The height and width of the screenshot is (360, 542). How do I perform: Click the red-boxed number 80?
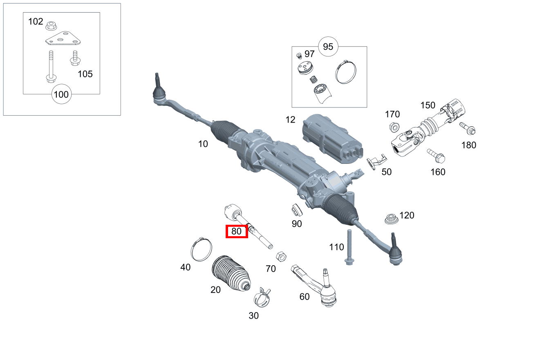(236, 231)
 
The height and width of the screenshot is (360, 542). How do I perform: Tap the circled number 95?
(328, 47)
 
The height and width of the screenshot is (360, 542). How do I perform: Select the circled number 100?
(61, 94)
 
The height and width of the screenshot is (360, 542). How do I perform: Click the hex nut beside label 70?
(281, 257)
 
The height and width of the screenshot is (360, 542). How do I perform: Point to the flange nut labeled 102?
(51, 26)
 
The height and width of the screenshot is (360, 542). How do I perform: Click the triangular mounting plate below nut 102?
(63, 38)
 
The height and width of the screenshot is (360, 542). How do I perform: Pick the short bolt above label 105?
(75, 58)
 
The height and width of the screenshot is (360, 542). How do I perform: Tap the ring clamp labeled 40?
(202, 249)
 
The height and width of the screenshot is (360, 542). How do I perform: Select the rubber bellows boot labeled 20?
(231, 273)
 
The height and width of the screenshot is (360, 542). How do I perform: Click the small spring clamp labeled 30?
(262, 297)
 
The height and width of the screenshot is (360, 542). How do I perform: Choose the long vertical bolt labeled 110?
(349, 247)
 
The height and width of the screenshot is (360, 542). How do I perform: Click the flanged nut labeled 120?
(392, 219)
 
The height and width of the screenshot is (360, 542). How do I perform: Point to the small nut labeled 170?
(394, 127)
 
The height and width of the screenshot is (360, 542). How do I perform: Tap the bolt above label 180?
(467, 128)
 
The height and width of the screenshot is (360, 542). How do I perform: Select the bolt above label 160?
(436, 156)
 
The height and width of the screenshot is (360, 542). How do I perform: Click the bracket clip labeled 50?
(376, 161)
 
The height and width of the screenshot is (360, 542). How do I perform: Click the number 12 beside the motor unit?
(290, 120)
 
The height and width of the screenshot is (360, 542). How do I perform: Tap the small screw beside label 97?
(299, 56)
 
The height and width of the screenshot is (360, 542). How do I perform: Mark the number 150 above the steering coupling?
(428, 105)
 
